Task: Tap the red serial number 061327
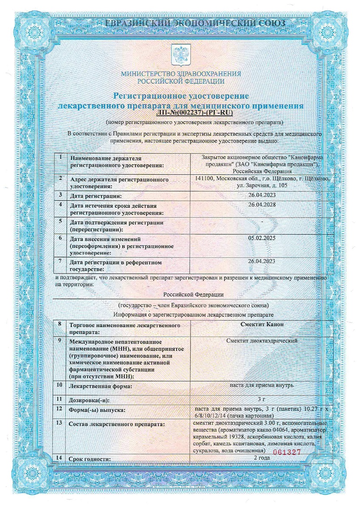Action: click(287, 452)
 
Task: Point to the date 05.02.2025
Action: click(262, 238)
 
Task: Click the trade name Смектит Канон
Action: click(262, 325)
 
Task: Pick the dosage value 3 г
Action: click(262, 399)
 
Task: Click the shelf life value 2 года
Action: click(262, 458)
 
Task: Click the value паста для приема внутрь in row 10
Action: click(262, 385)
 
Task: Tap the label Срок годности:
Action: click(90, 459)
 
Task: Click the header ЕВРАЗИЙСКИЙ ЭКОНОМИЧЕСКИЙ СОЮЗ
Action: click(180, 23)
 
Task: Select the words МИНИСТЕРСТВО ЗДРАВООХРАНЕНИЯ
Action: click(181, 74)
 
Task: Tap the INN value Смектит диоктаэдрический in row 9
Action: click(262, 341)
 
